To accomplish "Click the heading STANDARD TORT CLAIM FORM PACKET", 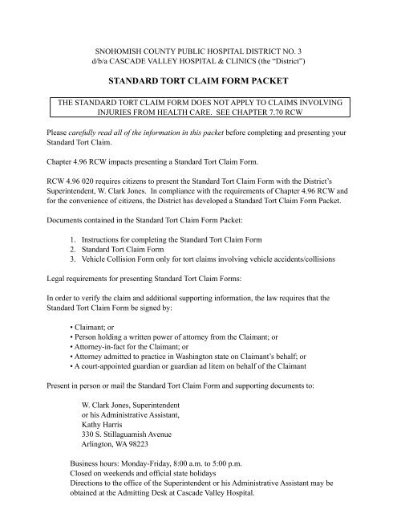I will tap(197, 81).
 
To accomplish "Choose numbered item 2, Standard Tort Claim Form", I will tap(132, 249).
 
